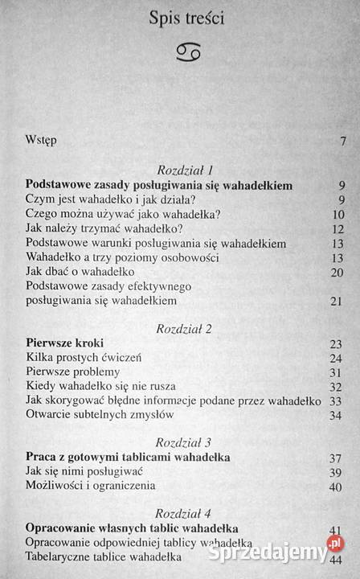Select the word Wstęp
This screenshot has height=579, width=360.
click(x=41, y=141)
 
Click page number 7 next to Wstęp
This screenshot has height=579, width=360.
click(x=343, y=142)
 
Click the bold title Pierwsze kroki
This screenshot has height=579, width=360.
click(x=61, y=343)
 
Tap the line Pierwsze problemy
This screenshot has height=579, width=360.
click(x=73, y=372)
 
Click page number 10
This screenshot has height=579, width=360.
click(x=337, y=215)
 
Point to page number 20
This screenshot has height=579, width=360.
click(x=337, y=273)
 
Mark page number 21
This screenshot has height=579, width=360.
click(x=337, y=302)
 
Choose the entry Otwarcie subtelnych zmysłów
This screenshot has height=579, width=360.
click(x=100, y=414)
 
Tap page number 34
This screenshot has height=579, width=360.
click(x=337, y=415)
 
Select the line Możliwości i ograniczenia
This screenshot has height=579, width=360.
click(x=90, y=485)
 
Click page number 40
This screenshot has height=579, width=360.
click(x=337, y=487)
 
